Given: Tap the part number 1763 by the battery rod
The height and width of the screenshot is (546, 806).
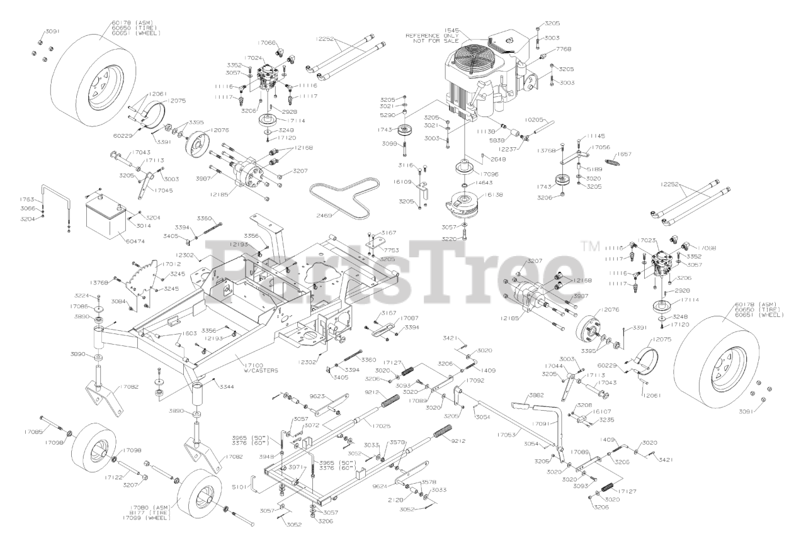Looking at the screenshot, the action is point(27,199).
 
